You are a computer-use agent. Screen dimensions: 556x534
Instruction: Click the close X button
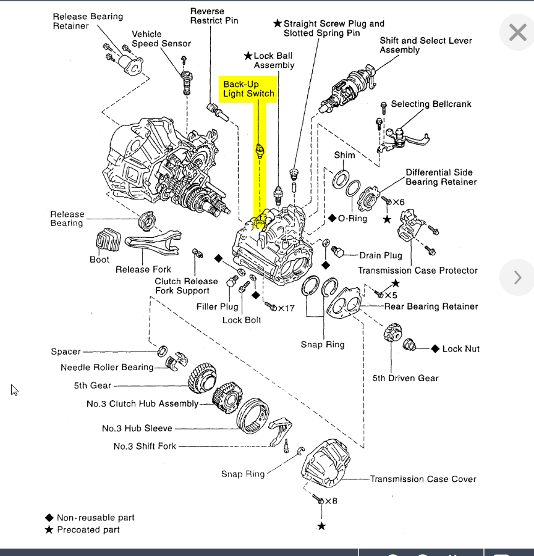click(517, 32)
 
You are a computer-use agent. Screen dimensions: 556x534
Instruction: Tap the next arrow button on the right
click(517, 277)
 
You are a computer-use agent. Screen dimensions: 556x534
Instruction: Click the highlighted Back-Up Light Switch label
click(248, 89)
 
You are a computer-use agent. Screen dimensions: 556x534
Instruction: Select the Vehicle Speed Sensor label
click(161, 39)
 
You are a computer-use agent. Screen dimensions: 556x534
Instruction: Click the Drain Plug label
click(380, 255)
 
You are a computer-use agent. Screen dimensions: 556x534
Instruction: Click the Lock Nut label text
click(460, 349)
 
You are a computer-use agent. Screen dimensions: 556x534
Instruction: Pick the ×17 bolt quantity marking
click(286, 308)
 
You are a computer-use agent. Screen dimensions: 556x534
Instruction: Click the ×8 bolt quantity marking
click(331, 501)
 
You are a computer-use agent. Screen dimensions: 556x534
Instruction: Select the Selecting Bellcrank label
click(431, 104)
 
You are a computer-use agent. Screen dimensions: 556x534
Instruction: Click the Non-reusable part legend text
click(95, 518)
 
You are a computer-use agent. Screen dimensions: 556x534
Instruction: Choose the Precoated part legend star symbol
click(49, 530)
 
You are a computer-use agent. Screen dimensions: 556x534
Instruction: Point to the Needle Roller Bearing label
click(107, 368)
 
